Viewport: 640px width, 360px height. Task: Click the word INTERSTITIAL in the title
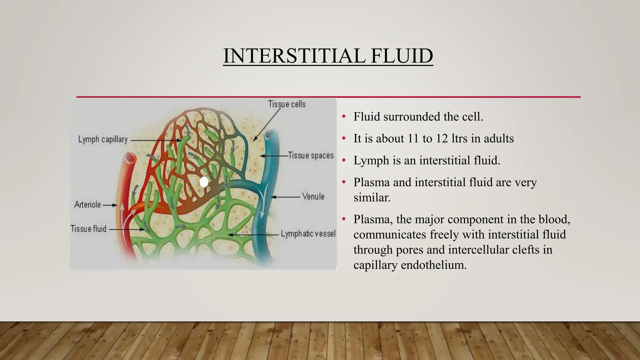(294, 56)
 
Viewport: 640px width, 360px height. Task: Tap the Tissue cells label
(287, 104)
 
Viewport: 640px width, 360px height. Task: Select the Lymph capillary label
(103, 139)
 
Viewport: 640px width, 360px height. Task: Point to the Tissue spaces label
(311, 155)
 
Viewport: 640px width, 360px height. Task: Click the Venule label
(313, 197)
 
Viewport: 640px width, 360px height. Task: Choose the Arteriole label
(87, 205)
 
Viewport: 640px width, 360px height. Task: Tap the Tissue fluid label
(88, 229)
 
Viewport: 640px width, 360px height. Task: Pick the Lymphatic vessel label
(308, 233)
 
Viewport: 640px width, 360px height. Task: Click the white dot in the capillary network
(204, 182)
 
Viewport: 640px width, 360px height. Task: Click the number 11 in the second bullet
(413, 138)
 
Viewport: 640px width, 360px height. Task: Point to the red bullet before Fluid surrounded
(344, 117)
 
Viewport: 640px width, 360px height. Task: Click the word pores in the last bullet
(410, 250)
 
